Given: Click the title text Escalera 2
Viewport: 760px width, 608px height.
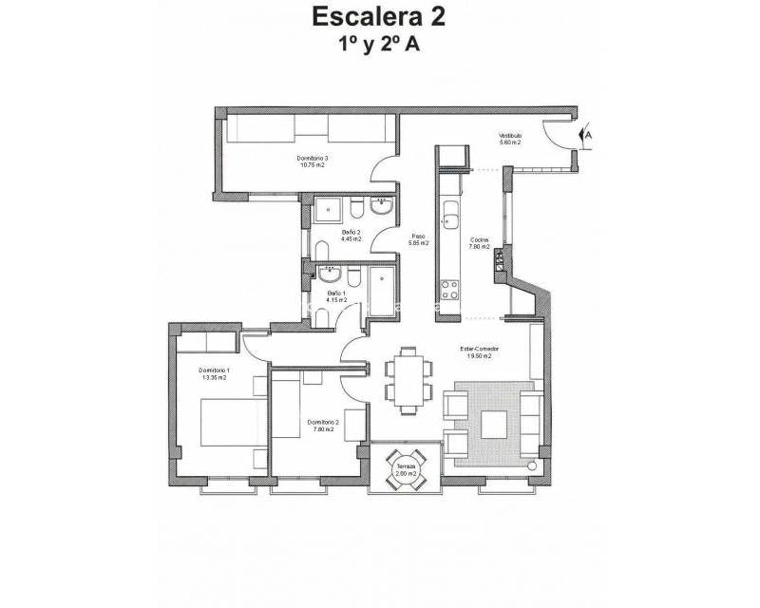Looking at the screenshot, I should tap(378, 16).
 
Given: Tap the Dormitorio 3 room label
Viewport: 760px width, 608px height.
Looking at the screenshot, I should tap(312, 161).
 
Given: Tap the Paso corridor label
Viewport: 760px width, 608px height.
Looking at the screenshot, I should tap(417, 240).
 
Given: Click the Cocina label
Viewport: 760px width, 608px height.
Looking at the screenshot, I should tap(479, 242).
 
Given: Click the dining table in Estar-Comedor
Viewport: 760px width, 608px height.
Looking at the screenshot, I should tap(409, 379).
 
